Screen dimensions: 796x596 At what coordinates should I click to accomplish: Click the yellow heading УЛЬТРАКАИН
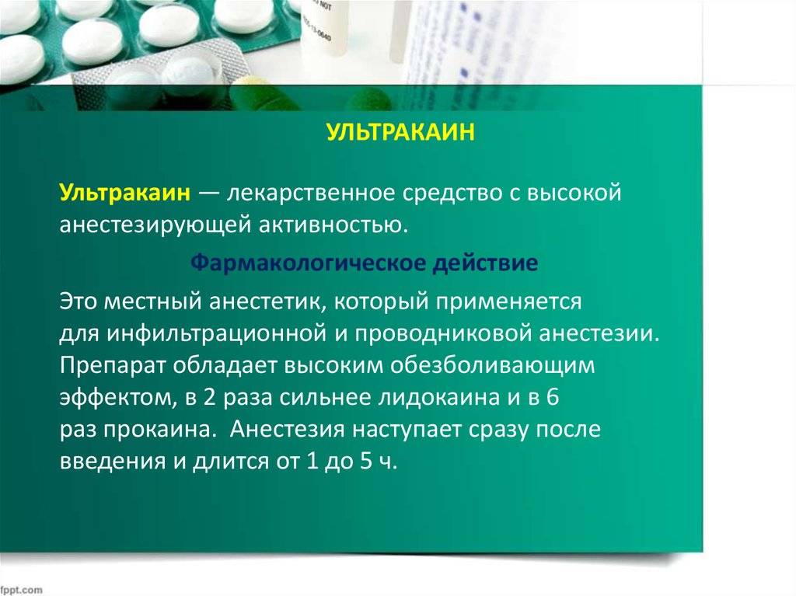tap(400, 132)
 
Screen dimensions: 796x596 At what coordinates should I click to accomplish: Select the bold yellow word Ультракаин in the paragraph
tap(125, 193)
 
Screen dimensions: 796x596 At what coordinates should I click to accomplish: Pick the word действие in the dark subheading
tap(485, 263)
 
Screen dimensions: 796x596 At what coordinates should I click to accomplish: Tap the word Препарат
tap(113, 366)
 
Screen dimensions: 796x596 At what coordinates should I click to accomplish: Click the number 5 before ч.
tap(367, 462)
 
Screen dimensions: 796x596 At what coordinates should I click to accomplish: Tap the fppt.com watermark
tap(22, 590)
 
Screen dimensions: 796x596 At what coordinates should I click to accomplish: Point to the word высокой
tap(574, 193)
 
